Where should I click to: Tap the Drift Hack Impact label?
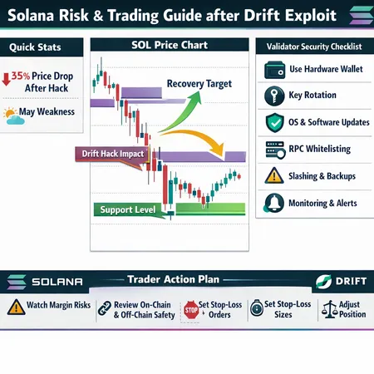pos(113,154)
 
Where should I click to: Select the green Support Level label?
pos(128,209)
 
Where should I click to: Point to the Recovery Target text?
pos(199,84)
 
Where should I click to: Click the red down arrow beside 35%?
pos(7,80)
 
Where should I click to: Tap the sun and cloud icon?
pos(12,116)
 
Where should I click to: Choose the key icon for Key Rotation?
pos(273,96)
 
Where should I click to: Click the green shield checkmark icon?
pos(273,122)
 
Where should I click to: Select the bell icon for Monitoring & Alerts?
pos(273,203)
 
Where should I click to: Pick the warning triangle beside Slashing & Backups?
pos(273,176)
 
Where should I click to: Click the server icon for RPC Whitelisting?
pos(273,150)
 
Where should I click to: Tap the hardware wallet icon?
pos(273,70)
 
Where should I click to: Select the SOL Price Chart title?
pos(169,45)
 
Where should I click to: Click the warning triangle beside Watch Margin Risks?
pos(15,308)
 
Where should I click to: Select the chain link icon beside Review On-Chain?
pos(104,308)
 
